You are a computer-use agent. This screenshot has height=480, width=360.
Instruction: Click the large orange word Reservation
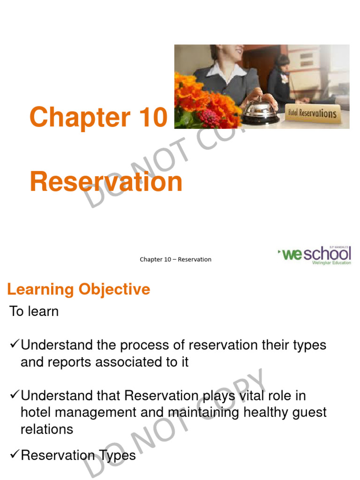coord(106,182)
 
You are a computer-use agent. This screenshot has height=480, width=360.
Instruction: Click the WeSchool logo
coord(315,255)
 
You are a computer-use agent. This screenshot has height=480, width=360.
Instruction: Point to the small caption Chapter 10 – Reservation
coord(175,259)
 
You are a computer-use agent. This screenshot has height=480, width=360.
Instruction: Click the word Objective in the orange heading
coord(114,289)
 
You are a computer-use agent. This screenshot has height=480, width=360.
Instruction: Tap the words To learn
coord(34,311)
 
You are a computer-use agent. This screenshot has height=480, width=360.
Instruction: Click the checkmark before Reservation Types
coord(14,454)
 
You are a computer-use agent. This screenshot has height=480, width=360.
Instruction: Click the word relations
coord(47,429)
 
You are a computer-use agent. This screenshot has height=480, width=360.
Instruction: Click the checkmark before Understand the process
coord(14,345)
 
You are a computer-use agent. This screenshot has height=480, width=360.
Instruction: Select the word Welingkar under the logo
coord(322,263)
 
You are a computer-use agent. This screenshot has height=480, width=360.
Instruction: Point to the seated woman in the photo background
coord(283,77)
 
